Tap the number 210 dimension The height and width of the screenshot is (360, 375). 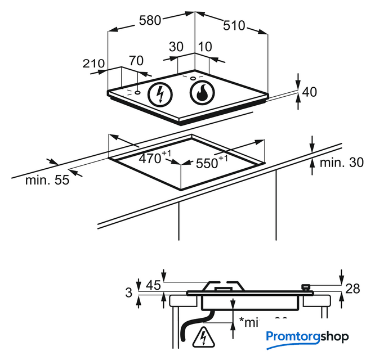click(x=93, y=64)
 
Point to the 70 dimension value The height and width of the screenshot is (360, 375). click(x=136, y=60)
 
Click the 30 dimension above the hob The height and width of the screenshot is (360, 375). click(x=176, y=47)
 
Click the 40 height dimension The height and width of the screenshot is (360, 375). click(x=310, y=92)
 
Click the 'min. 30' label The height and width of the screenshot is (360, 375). click(x=341, y=163)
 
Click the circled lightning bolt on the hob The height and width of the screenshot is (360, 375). click(x=160, y=93)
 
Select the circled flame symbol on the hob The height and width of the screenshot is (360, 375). click(x=202, y=93)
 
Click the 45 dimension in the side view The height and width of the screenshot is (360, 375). click(x=154, y=285)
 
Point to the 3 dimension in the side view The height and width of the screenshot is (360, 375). click(x=129, y=292)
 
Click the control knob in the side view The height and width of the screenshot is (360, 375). click(x=306, y=287)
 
